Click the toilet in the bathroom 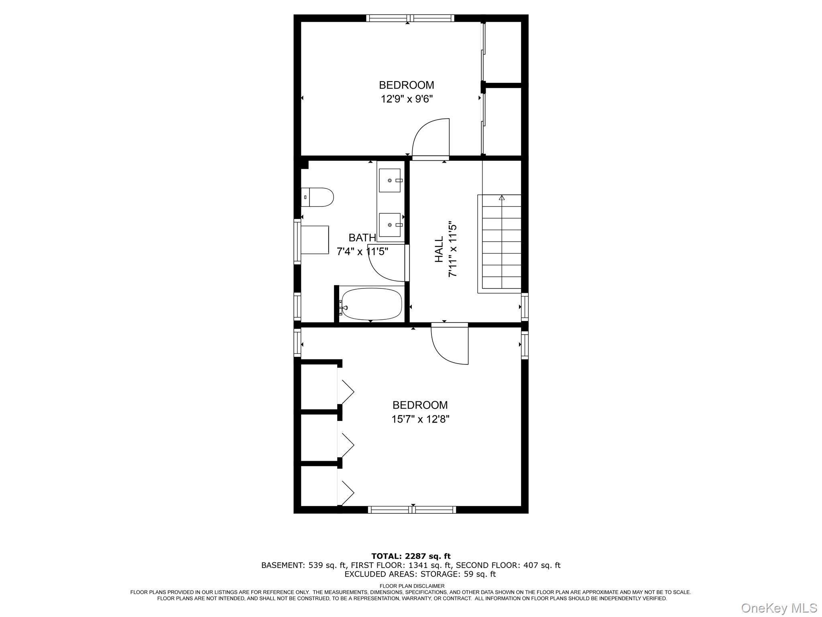click(x=318, y=197)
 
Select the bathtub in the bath click(x=371, y=304)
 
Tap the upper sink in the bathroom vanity click(x=390, y=180)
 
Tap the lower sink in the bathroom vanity click(x=390, y=225)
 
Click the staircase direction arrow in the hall click(x=501, y=198)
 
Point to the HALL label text click(x=439, y=249)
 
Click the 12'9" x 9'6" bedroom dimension click(x=407, y=99)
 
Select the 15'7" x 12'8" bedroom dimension click(x=420, y=419)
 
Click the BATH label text click(x=362, y=238)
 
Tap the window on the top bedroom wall click(x=410, y=18)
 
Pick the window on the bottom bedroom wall click(x=412, y=510)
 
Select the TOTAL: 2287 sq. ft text click(x=411, y=556)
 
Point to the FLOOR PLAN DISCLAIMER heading click(x=412, y=586)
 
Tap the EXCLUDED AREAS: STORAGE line click(x=420, y=574)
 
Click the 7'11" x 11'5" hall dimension click(x=453, y=249)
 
